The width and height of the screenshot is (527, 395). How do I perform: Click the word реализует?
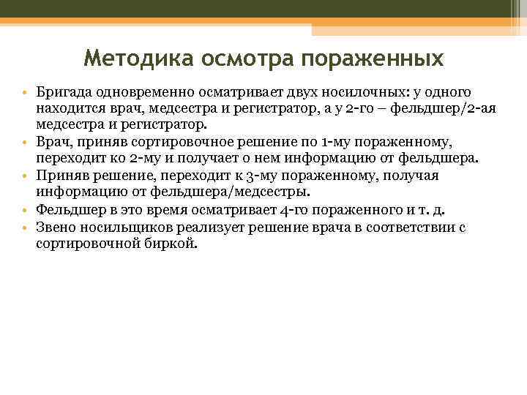pos(208,227)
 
